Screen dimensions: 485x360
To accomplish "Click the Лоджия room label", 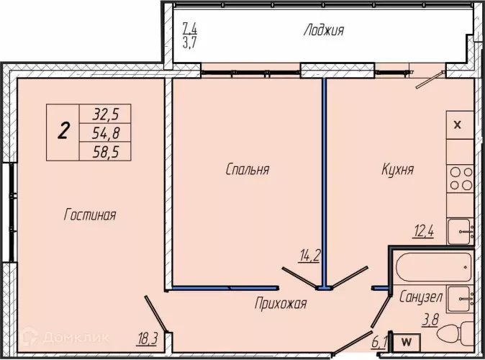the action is [x=324, y=31].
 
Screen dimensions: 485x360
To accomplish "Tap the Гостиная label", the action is [x=90, y=215].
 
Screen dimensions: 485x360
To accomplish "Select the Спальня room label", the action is [x=248, y=169].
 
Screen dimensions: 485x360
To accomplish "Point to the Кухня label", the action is [x=397, y=169].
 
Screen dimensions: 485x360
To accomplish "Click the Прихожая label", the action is [x=281, y=303].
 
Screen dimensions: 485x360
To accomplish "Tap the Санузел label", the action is [x=421, y=297].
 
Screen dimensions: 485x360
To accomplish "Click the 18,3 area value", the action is [x=148, y=339].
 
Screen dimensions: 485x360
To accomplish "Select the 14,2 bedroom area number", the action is [x=309, y=256].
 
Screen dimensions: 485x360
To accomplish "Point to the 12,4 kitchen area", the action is [x=423, y=231].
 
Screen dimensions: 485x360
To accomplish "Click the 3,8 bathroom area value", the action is [x=430, y=320].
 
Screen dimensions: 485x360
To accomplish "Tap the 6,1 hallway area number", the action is [x=379, y=343].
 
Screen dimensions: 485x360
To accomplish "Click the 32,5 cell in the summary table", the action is [x=105, y=114].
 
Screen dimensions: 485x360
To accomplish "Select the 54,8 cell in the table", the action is [x=105, y=132].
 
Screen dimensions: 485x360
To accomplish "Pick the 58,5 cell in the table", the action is [x=105, y=152].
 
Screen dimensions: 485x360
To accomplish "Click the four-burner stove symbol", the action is [x=461, y=179].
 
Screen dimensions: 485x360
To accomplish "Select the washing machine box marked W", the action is [x=406, y=342].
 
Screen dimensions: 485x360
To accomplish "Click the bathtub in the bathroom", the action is [x=434, y=267].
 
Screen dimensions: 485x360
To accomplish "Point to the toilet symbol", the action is [x=455, y=334].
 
